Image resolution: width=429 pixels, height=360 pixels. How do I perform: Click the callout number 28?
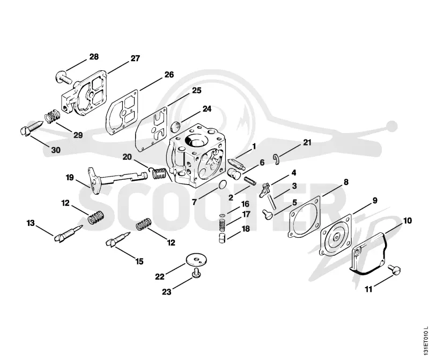(x=94, y=57)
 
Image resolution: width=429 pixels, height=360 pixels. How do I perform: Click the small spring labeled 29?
(x=52, y=116)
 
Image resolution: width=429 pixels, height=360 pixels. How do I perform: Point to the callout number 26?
(x=169, y=75)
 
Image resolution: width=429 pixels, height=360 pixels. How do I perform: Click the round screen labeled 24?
(x=175, y=127)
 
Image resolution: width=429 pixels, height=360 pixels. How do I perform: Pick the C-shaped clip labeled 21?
(x=277, y=159)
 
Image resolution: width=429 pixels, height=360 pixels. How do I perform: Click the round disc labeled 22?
(x=196, y=259)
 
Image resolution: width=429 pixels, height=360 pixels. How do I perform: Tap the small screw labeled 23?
(x=196, y=274)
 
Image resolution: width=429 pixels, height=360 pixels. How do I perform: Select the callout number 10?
(x=408, y=221)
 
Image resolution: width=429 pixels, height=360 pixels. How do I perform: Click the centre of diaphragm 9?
(x=337, y=237)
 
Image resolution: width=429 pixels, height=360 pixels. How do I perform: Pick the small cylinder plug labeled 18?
(x=222, y=238)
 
